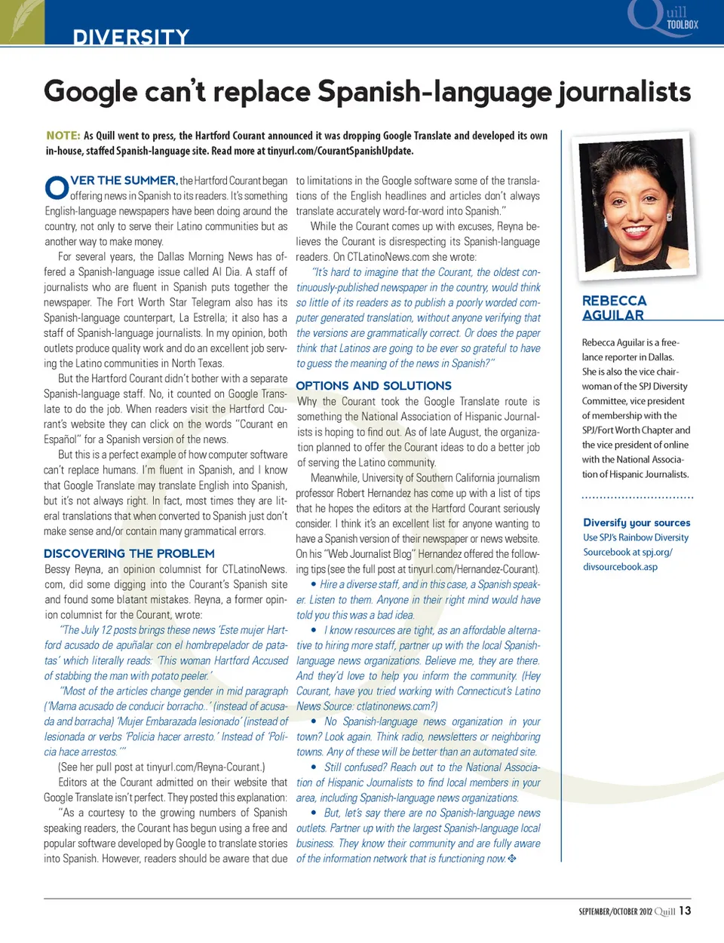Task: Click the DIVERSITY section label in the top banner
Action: tap(131, 37)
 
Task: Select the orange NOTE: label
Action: tap(63, 136)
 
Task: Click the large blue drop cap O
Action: tap(57, 188)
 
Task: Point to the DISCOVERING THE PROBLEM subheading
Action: tap(129, 553)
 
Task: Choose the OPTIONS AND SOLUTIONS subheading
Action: tap(373, 385)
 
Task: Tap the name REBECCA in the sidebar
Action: tap(614, 301)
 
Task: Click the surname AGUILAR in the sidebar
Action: tap(612, 315)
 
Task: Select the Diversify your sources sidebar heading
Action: tap(637, 522)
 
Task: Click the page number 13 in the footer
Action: tap(685, 911)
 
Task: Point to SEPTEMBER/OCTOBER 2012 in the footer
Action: tap(615, 911)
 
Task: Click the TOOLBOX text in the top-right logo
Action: tap(682, 25)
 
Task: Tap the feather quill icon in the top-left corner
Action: tap(21, 20)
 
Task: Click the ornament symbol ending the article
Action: tap(512, 859)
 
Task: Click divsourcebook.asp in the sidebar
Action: tap(620, 567)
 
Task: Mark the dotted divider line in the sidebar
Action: tap(637, 498)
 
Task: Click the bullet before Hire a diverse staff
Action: tap(314, 585)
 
